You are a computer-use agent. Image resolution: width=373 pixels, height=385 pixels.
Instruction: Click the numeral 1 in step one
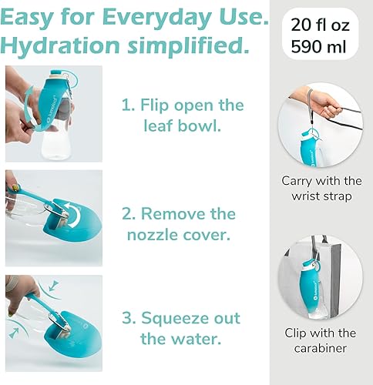126,105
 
